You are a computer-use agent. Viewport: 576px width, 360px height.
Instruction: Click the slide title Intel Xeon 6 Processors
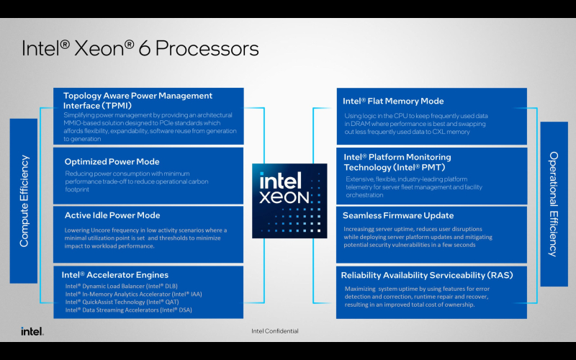click(x=140, y=48)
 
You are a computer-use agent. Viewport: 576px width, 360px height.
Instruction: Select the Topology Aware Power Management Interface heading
click(x=138, y=100)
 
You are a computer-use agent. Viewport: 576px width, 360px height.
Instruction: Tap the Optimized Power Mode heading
click(x=112, y=161)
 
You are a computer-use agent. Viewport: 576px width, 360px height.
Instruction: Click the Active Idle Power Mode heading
click(x=112, y=215)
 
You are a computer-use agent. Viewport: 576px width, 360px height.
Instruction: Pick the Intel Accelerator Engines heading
click(x=115, y=275)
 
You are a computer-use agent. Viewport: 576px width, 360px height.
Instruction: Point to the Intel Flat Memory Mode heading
click(x=394, y=102)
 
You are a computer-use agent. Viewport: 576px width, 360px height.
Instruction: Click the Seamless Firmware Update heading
click(x=398, y=215)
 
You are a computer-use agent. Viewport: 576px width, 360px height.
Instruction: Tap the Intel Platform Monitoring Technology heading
click(x=397, y=162)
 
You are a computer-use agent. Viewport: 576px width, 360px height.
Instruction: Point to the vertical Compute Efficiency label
click(x=24, y=201)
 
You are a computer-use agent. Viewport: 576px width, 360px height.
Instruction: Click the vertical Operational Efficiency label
click(x=553, y=204)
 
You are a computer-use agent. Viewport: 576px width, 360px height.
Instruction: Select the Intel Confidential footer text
click(x=274, y=331)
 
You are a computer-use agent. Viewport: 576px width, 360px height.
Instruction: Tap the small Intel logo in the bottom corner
click(x=32, y=331)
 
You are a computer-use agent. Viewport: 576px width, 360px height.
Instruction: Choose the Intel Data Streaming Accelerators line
click(x=128, y=310)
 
